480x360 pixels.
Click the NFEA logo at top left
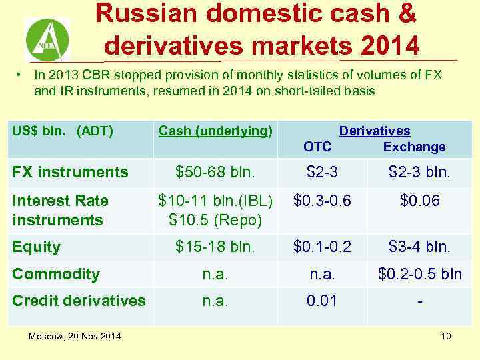[47, 39]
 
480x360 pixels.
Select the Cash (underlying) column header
[215, 131]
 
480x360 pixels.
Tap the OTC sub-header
[317, 147]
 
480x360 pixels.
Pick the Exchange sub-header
[414, 147]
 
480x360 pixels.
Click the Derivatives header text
[375, 131]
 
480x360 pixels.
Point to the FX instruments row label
[70, 173]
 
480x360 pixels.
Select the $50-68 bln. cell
[215, 173]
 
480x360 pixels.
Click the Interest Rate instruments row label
[60, 210]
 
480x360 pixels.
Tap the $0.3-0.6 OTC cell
[322, 201]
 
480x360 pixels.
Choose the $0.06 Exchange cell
[419, 201]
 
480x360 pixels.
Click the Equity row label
[37, 247]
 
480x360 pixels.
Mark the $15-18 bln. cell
[215, 247]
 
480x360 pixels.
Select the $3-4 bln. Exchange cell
[419, 247]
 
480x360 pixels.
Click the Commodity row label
[56, 274]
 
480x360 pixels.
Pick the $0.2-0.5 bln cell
[419, 274]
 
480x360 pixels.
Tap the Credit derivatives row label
[79, 301]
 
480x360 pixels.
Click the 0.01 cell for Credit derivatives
[322, 301]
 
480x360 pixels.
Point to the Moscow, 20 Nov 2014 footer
[75, 336]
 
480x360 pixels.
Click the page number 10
[445, 336]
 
